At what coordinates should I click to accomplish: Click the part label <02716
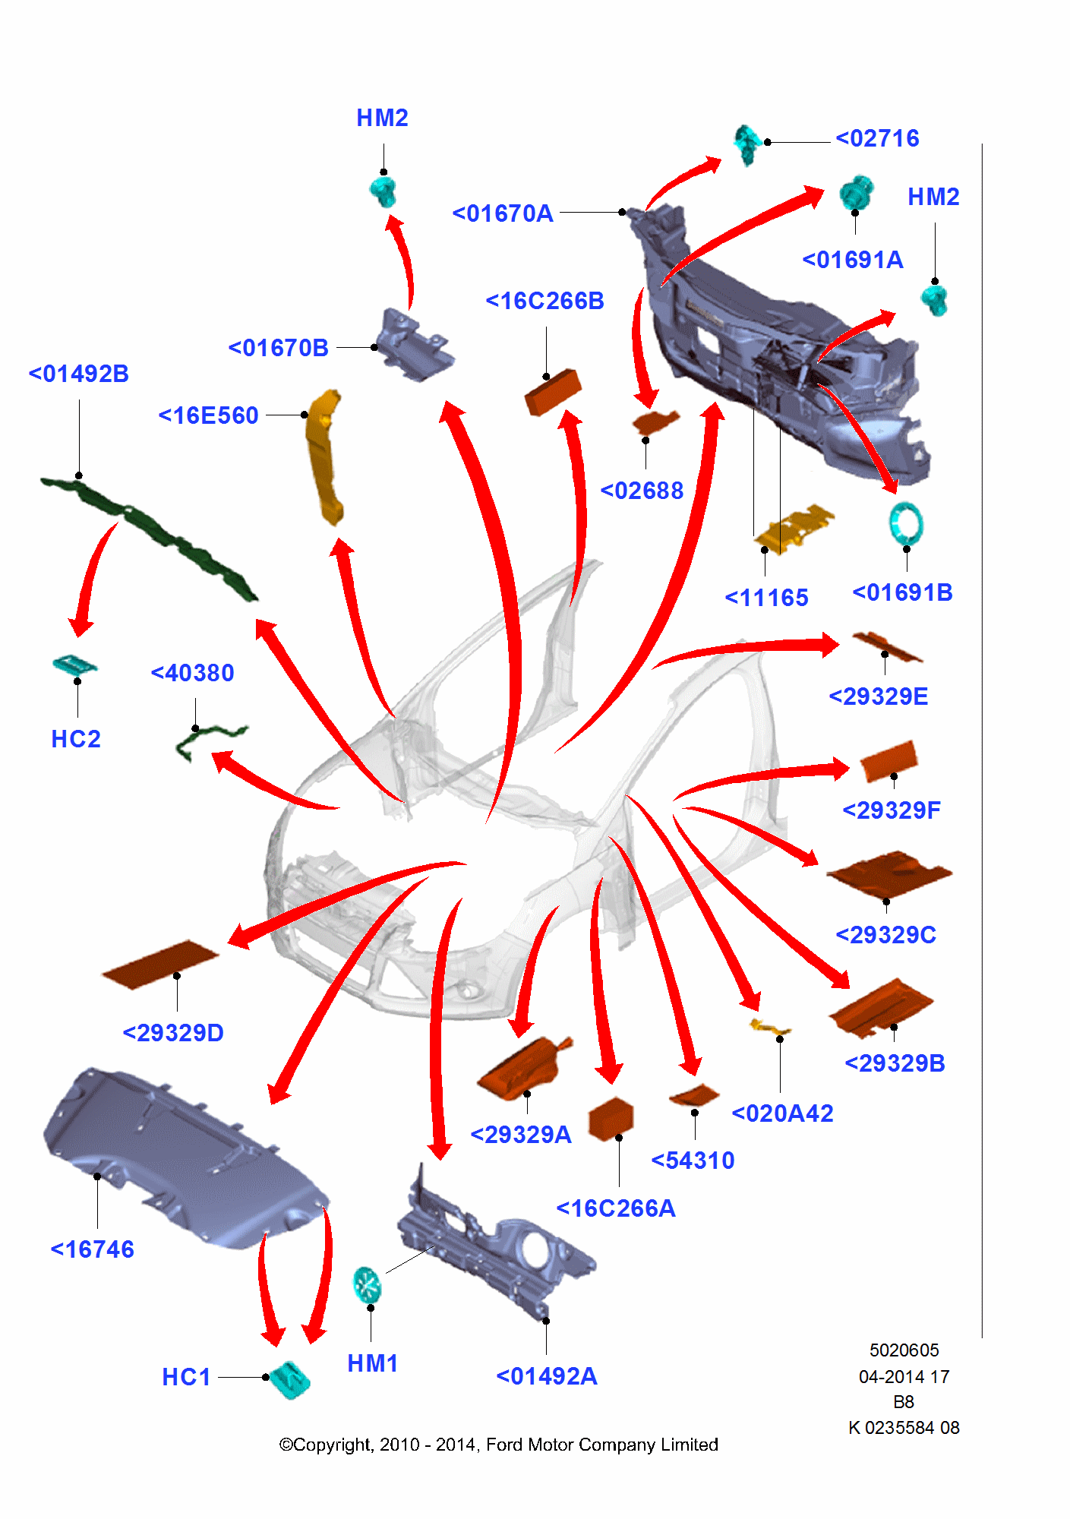(877, 139)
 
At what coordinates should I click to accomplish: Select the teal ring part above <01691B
(906, 523)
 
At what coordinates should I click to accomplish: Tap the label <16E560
(208, 416)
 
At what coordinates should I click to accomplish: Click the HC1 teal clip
(290, 1379)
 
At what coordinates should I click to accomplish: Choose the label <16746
(92, 1249)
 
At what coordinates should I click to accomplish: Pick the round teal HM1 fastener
(368, 1284)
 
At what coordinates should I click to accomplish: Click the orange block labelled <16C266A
(611, 1119)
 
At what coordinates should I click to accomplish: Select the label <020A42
(782, 1113)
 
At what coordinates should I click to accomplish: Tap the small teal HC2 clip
(74, 665)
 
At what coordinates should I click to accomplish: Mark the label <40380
(192, 673)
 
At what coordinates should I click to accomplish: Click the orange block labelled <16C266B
(553, 391)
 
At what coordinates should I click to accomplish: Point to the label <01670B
(278, 348)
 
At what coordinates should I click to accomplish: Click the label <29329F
(891, 810)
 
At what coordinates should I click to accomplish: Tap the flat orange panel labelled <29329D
(160, 964)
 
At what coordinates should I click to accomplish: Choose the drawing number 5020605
(904, 1350)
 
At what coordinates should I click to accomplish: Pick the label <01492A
(546, 1376)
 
